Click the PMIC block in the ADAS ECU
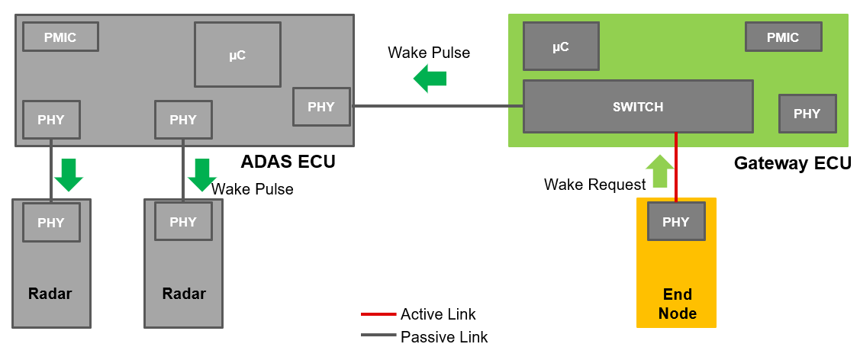click(x=60, y=37)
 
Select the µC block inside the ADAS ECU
click(x=237, y=54)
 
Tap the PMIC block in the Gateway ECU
click(x=783, y=37)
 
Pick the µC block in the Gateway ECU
click(x=561, y=47)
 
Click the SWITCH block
click(x=638, y=107)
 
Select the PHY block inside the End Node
click(x=676, y=222)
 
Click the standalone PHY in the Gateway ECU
click(x=807, y=114)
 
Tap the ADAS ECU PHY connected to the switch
click(x=321, y=107)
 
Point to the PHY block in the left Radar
click(x=52, y=222)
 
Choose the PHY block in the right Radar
click(x=183, y=222)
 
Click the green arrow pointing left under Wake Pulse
click(x=430, y=79)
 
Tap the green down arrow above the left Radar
click(x=69, y=175)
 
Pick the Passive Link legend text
click(x=444, y=337)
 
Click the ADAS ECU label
click(x=288, y=162)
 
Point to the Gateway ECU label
click(x=792, y=163)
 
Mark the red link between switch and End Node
click(x=676, y=168)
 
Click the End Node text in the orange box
click(x=677, y=304)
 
